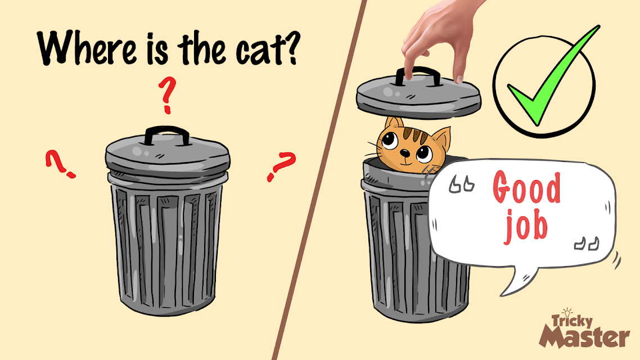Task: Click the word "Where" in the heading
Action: pyautogui.click(x=86, y=47)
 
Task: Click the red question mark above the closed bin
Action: pyautogui.click(x=167, y=94)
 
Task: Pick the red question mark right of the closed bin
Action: pyautogui.click(x=281, y=166)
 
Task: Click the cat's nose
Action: pyautogui.click(x=404, y=153)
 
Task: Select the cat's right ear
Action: pyautogui.click(x=441, y=138)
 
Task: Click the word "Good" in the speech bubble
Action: pyautogui.click(x=526, y=187)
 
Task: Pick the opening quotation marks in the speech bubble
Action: pyautogui.click(x=462, y=184)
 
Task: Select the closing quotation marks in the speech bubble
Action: pyautogui.click(x=587, y=243)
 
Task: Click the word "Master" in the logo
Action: pyautogui.click(x=584, y=337)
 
